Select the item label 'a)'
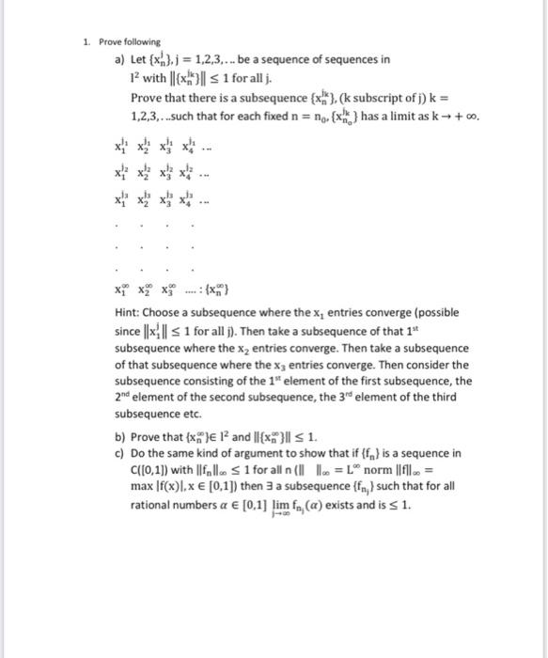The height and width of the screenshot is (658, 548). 117,58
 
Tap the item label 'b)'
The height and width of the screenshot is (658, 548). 117,434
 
